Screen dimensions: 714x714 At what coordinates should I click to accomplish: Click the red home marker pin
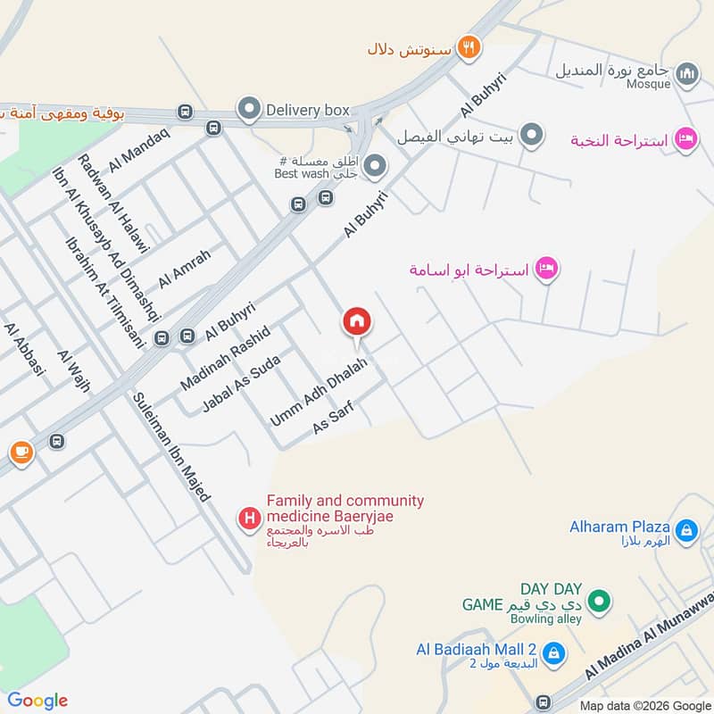coord(357,322)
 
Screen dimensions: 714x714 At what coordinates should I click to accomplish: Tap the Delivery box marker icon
coord(248,110)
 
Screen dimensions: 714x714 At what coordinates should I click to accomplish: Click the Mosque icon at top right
coord(686,73)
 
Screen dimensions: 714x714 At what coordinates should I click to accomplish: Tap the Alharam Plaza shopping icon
coord(685,532)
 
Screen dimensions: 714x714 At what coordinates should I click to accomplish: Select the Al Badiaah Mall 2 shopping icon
coord(553,654)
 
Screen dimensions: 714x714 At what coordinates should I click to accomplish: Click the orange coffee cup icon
coord(20,453)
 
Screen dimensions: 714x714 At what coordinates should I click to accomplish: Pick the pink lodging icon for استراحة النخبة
coord(685,139)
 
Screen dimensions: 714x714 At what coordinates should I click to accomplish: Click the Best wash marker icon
coord(376,166)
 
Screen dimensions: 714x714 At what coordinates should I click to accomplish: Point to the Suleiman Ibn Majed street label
coord(172,447)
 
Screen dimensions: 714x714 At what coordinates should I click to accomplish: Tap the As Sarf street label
coord(334,418)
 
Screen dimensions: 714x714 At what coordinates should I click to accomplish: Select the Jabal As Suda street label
coord(242,385)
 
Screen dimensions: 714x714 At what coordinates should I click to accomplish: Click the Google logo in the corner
coord(37,702)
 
